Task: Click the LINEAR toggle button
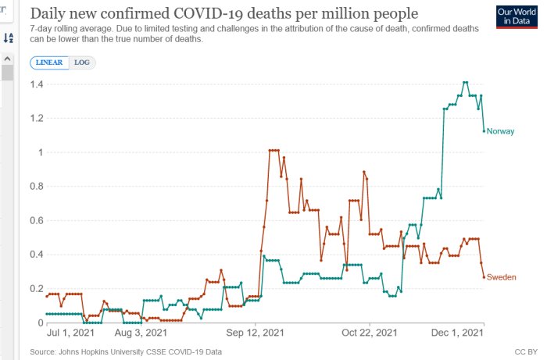(49, 62)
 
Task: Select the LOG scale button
(82, 62)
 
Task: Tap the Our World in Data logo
(517, 16)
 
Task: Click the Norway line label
(500, 131)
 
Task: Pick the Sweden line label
(502, 277)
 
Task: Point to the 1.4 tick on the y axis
(37, 84)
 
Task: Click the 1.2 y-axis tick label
(37, 118)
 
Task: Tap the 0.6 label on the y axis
(37, 220)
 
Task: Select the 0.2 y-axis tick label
(37, 289)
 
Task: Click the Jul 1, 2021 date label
(70, 333)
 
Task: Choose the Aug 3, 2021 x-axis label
(141, 333)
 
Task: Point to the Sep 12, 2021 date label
(255, 333)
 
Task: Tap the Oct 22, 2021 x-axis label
(370, 333)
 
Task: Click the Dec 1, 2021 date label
(457, 333)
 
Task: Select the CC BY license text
(526, 352)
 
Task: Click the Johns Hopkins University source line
(126, 352)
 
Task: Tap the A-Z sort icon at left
(9, 37)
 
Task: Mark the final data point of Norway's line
(484, 131)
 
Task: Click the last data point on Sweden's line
(484, 277)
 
